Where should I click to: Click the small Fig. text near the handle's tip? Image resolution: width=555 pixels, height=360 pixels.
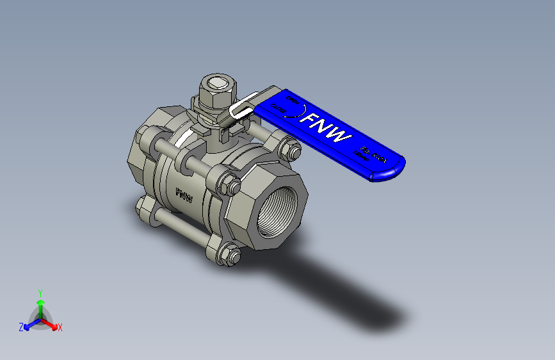pos(366,151)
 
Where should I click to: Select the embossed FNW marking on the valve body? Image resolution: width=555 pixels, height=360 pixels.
pos(184,195)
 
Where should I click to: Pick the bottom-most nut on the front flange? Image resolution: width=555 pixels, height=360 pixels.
pos(229,255)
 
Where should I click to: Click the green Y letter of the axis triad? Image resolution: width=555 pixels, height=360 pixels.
pos(40,292)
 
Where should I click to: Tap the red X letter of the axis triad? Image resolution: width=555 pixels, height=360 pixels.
pos(60,328)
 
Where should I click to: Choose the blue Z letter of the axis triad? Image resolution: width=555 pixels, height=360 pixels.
pos(20,327)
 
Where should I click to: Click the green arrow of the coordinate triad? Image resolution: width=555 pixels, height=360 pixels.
pos(40,305)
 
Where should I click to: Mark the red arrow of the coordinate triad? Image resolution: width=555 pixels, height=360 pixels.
pos(51,324)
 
